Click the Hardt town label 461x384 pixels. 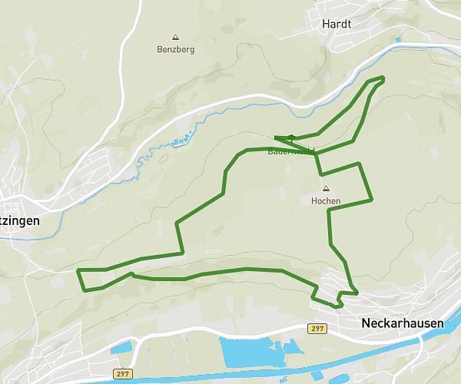pos(337,24)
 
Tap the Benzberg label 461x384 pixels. pos(176,49)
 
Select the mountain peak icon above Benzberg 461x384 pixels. pos(176,37)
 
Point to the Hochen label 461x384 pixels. pos(326,201)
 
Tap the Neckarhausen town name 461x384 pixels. pos(402,323)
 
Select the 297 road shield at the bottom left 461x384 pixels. pos(121,374)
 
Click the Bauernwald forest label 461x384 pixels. pos(290,151)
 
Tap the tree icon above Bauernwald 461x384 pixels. pos(291,138)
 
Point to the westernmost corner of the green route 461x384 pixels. pos(78,270)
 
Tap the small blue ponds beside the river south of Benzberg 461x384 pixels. pos(181,141)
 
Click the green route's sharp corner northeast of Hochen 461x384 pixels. pos(359,164)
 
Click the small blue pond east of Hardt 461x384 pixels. pos(397,40)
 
